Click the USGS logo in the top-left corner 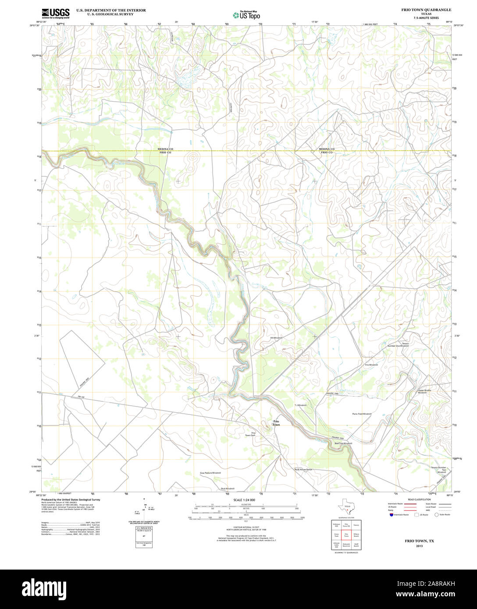click(55, 13)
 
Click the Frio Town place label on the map click(276, 423)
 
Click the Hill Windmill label click(276, 338)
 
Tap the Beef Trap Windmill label click(343, 443)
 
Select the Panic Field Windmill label click(362, 414)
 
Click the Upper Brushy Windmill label click(424, 391)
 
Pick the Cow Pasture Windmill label click(210, 473)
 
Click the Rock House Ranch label click(303, 469)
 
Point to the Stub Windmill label click(228, 489)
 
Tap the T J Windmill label click(300, 405)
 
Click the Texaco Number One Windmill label click(399, 345)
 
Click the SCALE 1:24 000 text click(244, 500)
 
